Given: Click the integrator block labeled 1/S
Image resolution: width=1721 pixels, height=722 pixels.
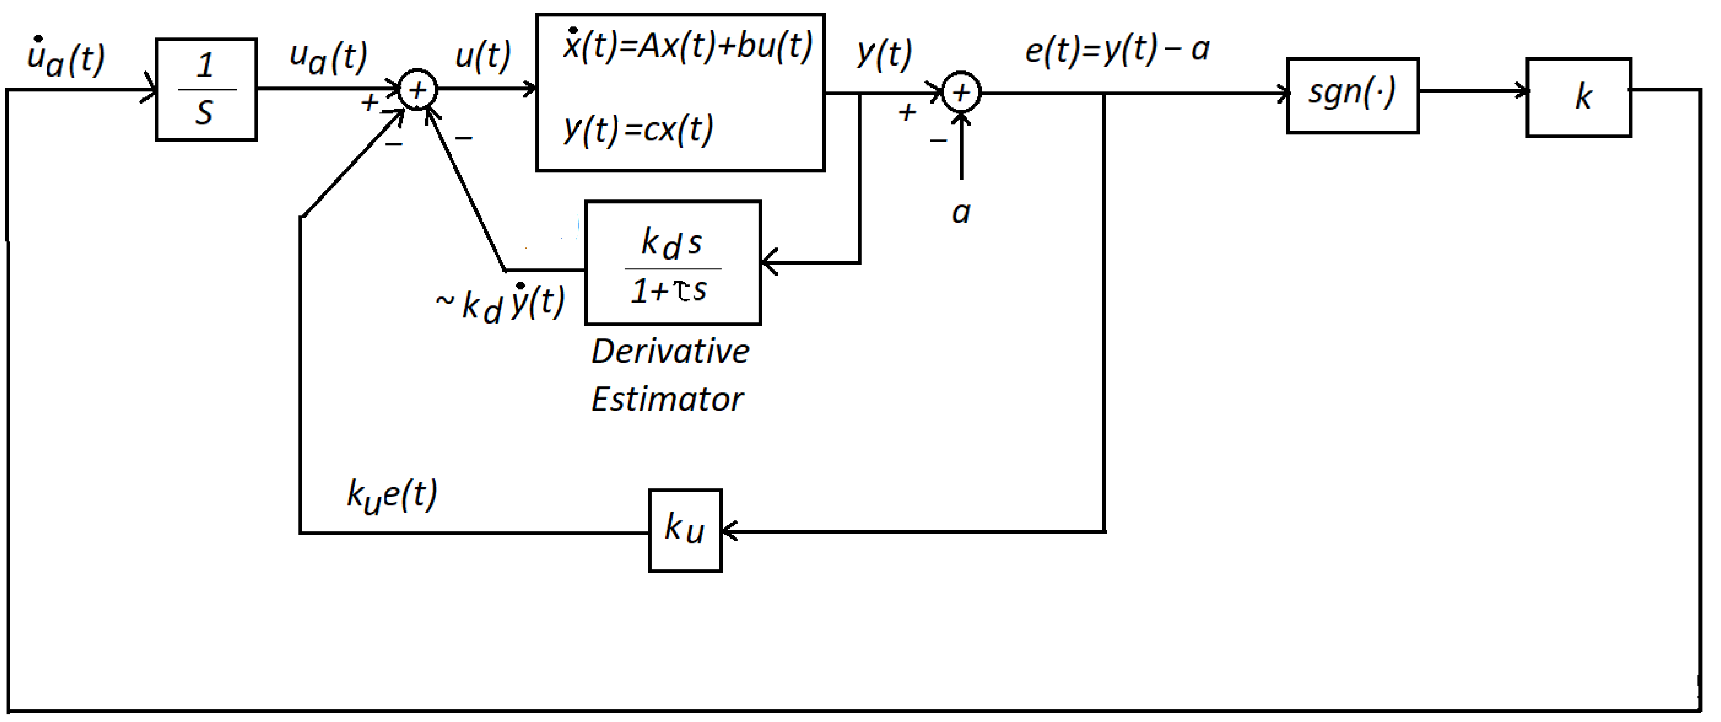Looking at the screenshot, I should point(206,90).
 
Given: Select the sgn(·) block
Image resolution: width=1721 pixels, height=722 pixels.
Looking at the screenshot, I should point(1352,95).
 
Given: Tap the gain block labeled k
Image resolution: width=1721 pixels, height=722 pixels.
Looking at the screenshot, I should point(1578,97).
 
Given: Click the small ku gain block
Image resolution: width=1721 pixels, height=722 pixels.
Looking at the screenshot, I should point(685,530).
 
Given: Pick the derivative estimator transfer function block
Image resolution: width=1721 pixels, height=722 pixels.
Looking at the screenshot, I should point(673,263).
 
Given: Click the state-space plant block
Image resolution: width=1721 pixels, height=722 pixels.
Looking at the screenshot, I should point(680,92).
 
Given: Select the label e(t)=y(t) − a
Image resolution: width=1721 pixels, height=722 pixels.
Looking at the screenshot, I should point(1117,50).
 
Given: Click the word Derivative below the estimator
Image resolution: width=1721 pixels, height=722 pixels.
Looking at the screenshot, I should point(670,352).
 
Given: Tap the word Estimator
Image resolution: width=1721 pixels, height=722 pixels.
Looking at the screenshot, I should point(667,400).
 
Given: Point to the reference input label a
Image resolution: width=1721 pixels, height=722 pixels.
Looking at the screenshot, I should point(961,213).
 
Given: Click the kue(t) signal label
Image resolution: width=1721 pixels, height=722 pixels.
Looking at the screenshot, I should point(392,496).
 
